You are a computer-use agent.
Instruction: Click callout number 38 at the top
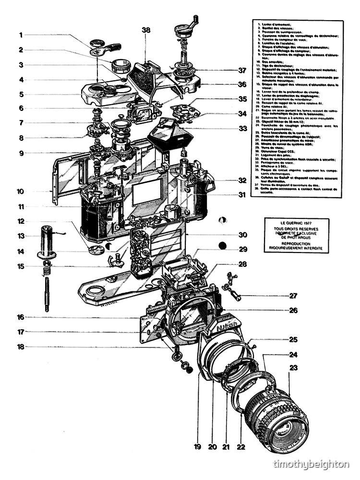coord(146,30)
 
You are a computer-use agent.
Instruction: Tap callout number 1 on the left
coord(21,35)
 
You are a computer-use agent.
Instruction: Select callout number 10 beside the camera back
coord(21,192)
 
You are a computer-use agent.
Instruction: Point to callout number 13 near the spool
coord(21,236)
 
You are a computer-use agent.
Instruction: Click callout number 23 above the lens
coord(293,368)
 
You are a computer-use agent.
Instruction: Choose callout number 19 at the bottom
coord(197,447)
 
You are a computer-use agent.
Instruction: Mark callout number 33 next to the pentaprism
coord(243,129)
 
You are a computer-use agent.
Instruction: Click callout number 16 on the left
coord(21,317)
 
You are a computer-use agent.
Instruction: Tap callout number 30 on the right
coord(243,235)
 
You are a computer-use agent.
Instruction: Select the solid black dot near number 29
coord(222,246)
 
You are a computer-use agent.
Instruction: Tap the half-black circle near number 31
coord(221,220)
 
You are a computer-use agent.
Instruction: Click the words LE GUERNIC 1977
coord(297,223)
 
